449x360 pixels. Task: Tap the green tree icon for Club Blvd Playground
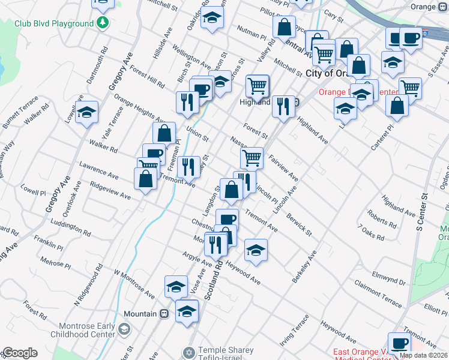point(103,23)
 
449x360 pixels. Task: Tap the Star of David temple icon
point(189,352)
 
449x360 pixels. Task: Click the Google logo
point(20,353)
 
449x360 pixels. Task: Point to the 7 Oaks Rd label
point(370,232)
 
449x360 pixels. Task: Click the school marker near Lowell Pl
point(87,112)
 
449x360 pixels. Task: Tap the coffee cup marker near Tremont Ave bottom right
point(399,343)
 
